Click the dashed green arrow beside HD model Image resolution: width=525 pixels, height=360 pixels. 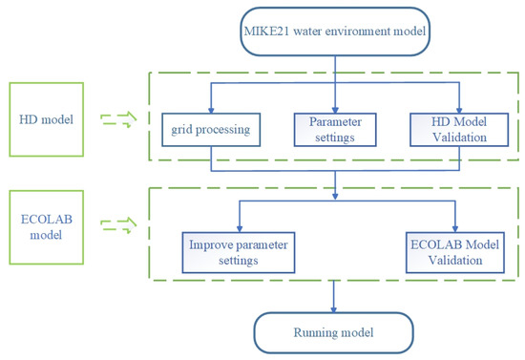[114, 119]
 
